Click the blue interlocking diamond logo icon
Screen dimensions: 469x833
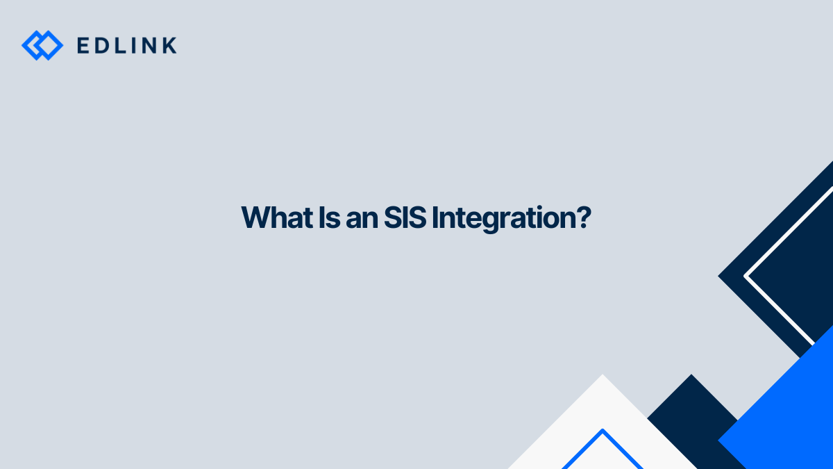(x=42, y=45)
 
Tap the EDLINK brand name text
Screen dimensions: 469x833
(x=127, y=46)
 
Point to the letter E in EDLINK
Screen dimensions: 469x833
(x=83, y=46)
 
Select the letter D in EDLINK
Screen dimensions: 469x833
(x=103, y=46)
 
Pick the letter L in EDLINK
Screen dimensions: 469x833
(x=123, y=46)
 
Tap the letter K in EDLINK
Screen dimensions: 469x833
(x=169, y=46)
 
